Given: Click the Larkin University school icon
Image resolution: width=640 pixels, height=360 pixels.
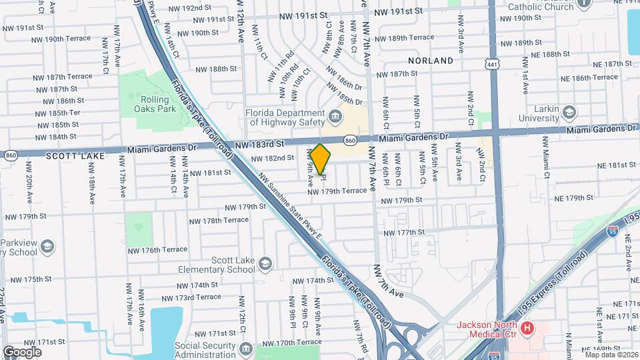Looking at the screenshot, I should click(569, 111).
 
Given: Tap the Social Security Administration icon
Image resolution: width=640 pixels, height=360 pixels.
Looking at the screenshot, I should click(245, 349).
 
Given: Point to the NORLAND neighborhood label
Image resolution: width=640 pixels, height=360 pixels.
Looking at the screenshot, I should click(431, 61).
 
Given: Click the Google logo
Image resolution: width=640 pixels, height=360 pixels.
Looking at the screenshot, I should click(22, 351).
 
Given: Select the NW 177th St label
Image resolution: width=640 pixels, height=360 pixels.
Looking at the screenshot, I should click(404, 232).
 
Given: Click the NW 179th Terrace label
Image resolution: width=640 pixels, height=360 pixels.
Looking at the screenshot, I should click(337, 191).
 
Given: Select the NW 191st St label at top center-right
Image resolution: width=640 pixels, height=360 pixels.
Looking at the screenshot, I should click(398, 11).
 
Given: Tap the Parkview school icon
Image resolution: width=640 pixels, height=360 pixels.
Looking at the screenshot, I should click(47, 246).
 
